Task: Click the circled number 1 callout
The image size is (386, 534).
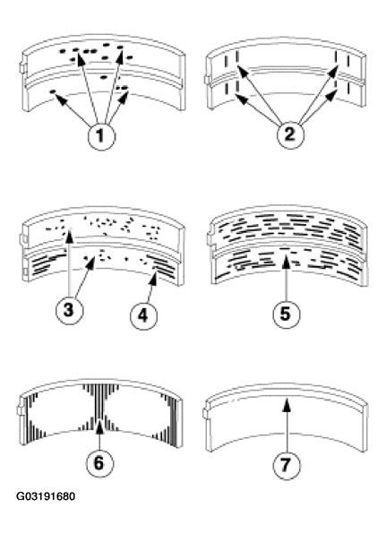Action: [101, 136]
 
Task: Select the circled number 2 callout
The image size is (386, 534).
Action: [289, 134]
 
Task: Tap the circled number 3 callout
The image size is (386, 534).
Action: [69, 310]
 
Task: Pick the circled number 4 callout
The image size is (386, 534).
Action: [143, 315]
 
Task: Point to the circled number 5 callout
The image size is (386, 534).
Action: [287, 314]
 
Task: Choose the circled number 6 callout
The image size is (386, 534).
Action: [99, 462]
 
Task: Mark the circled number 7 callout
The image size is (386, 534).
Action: [287, 465]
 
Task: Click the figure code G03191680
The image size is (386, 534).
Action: [46, 496]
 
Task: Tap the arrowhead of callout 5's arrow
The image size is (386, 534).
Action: [287, 263]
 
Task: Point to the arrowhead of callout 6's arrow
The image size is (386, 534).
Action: [99, 427]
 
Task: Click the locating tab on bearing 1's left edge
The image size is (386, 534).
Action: [22, 67]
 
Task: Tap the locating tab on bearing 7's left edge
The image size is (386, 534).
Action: [206, 413]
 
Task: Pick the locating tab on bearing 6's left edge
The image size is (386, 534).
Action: [20, 410]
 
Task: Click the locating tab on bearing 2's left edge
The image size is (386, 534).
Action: [207, 80]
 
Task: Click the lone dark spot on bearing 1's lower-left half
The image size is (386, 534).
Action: [53, 91]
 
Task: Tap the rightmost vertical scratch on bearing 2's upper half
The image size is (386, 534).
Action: [348, 61]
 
